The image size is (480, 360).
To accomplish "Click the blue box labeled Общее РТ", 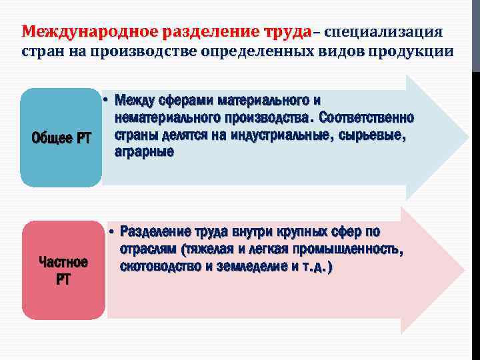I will tap(61, 137).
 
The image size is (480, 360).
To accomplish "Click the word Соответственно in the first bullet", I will tap(367, 118).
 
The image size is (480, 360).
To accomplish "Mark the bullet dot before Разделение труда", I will tap(113, 233).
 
